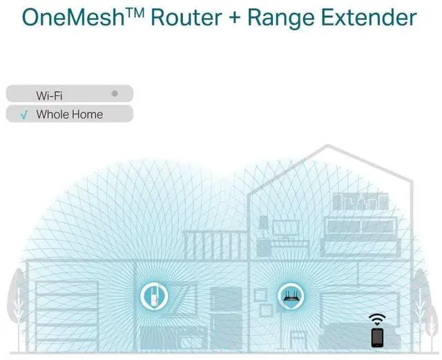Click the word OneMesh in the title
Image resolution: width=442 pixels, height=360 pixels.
point(77,17)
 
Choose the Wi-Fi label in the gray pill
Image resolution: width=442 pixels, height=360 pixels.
point(49,95)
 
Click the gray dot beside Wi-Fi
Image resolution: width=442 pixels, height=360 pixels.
point(115,92)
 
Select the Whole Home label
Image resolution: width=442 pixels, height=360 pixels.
point(69,114)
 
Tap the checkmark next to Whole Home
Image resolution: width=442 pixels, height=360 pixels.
point(24,115)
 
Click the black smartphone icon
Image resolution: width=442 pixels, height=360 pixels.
point(377,337)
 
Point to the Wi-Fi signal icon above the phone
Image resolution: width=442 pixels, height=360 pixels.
point(377,319)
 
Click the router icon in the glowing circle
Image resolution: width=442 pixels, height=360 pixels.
point(291,297)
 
